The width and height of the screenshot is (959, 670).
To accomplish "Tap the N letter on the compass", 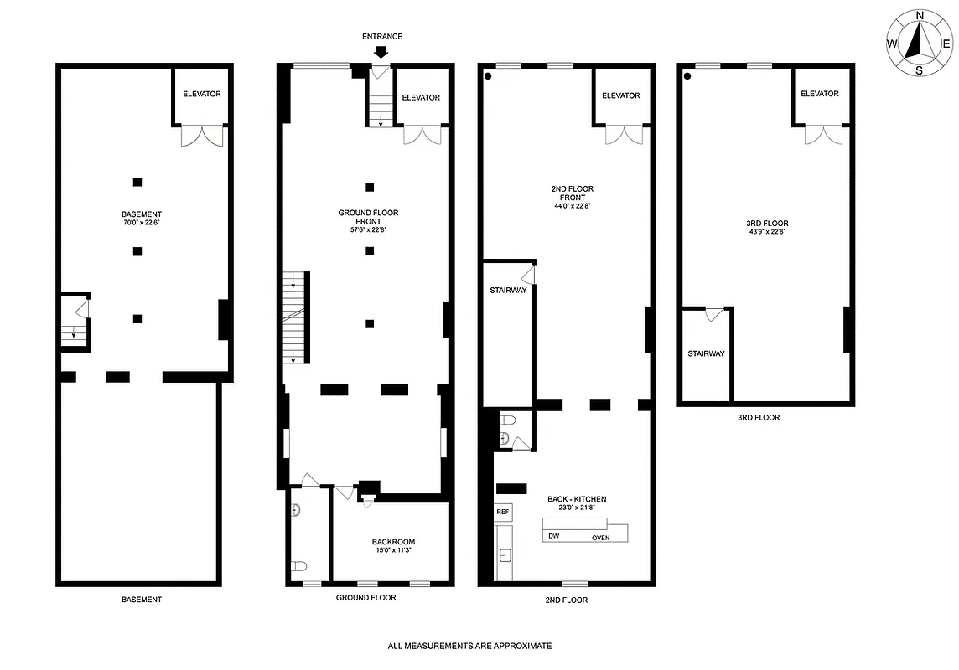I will click(x=920, y=16).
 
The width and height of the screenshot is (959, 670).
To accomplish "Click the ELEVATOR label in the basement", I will click(x=201, y=94).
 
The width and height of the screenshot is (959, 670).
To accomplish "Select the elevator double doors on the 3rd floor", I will click(x=822, y=134).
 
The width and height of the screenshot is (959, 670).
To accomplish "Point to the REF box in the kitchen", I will click(x=503, y=512).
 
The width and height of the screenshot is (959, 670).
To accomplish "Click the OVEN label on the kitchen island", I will click(x=601, y=538).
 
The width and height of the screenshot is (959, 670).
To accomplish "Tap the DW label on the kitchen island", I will click(x=553, y=536).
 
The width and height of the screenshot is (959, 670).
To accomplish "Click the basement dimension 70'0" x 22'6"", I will click(x=141, y=223).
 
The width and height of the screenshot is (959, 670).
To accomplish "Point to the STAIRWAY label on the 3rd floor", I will click(x=706, y=353).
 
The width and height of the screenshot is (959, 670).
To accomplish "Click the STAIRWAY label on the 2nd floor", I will click(x=508, y=291).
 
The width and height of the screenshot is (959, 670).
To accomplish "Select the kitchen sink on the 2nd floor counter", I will click(x=505, y=554).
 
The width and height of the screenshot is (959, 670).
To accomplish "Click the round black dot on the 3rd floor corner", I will click(x=687, y=76).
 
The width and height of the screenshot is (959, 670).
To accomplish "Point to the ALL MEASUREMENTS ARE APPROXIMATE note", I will click(x=469, y=646).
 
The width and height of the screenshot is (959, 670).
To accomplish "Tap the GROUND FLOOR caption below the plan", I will click(x=365, y=598).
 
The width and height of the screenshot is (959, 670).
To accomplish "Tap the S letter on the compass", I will click(x=920, y=71).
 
